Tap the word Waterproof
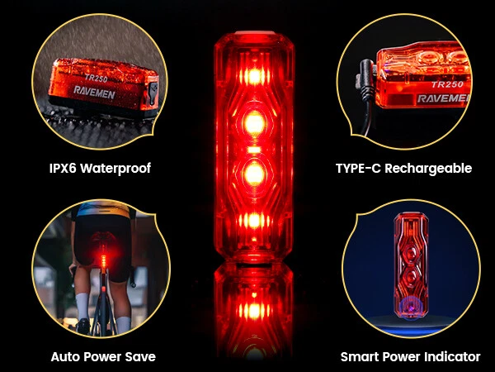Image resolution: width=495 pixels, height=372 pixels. coord(115,169)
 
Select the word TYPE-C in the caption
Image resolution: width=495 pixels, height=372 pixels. coord(358,169)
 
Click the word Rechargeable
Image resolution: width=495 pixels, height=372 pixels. coord(428,169)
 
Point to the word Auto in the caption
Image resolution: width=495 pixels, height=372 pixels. coord(64,356)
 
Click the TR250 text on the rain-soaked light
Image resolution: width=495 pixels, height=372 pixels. coord(96,78)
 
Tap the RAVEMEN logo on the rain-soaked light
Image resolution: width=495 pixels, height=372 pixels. coord(94,92)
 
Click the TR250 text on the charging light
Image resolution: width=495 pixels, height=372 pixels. coord(447,84)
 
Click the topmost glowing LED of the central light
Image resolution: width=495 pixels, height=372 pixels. coord(254,77)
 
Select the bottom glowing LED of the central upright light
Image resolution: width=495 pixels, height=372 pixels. coord(254,221)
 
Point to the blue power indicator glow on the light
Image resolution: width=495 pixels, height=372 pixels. coord(410,308)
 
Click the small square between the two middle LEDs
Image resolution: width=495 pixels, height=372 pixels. coord(254,150)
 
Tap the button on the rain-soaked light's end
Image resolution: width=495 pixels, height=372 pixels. coord(153,93)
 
